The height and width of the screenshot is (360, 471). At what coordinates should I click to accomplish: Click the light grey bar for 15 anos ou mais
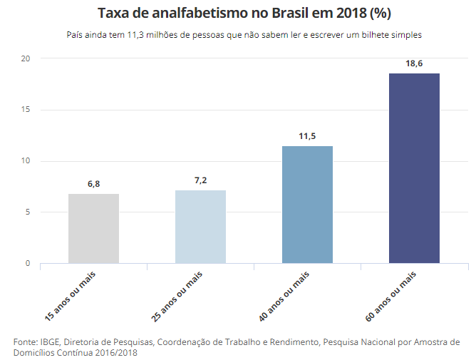tap(93, 228)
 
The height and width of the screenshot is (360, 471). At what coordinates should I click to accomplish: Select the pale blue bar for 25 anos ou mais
tap(200, 227)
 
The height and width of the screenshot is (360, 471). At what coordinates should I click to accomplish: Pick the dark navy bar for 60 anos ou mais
tap(414, 168)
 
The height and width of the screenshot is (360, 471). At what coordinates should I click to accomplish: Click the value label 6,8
tap(93, 184)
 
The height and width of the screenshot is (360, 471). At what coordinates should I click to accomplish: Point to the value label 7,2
tap(200, 180)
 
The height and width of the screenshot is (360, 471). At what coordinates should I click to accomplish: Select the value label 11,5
tap(307, 136)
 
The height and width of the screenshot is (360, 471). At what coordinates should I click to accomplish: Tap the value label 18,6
tap(414, 63)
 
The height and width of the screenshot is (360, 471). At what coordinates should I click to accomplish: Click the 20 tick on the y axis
tap(26, 58)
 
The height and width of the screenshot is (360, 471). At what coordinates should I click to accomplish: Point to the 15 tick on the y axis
tap(26, 110)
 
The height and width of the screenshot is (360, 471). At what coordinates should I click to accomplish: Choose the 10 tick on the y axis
tap(26, 161)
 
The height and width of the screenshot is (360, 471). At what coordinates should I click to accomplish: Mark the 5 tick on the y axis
tap(28, 212)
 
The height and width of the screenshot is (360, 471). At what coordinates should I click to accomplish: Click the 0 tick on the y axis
tap(28, 264)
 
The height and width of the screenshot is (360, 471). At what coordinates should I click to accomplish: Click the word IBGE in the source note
tap(49, 342)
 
